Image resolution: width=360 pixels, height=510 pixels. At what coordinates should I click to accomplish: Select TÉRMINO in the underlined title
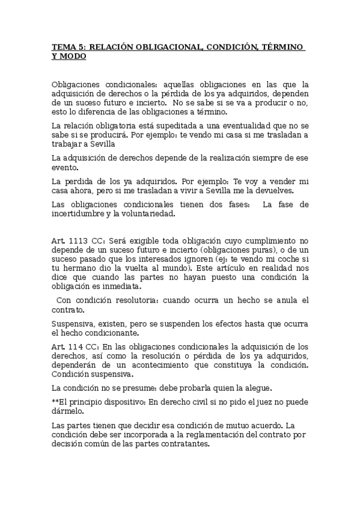pos(281,48)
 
